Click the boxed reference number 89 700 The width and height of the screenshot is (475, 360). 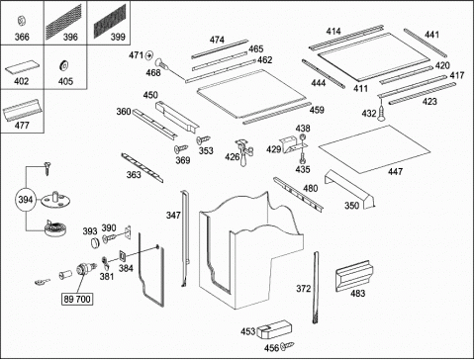77,299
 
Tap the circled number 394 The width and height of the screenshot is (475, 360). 26,200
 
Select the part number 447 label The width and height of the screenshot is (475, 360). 395,171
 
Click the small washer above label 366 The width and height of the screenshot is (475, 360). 21,21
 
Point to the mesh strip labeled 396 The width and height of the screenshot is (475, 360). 63,22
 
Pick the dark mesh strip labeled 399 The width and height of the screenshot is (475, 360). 110,21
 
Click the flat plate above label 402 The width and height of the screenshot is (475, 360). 22,68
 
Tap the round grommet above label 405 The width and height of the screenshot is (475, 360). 63,65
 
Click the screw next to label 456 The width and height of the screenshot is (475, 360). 287,346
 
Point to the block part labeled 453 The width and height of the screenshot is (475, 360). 274,329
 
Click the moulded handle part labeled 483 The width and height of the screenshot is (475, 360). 354,276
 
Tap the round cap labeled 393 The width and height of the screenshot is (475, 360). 95,242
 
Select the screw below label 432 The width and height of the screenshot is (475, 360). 382,112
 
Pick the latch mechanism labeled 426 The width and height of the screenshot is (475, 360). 244,152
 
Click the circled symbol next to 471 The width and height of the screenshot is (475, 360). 149,55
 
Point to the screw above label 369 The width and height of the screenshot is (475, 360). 181,149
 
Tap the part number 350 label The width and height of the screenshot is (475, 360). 351,206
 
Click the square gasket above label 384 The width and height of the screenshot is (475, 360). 124,256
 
